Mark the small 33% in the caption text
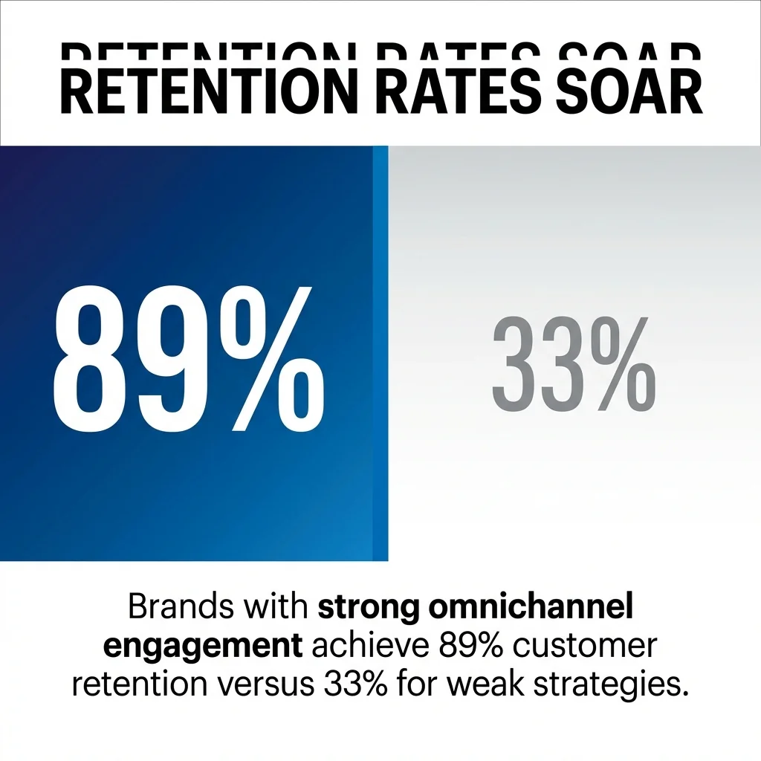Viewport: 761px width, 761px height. click(355, 682)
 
